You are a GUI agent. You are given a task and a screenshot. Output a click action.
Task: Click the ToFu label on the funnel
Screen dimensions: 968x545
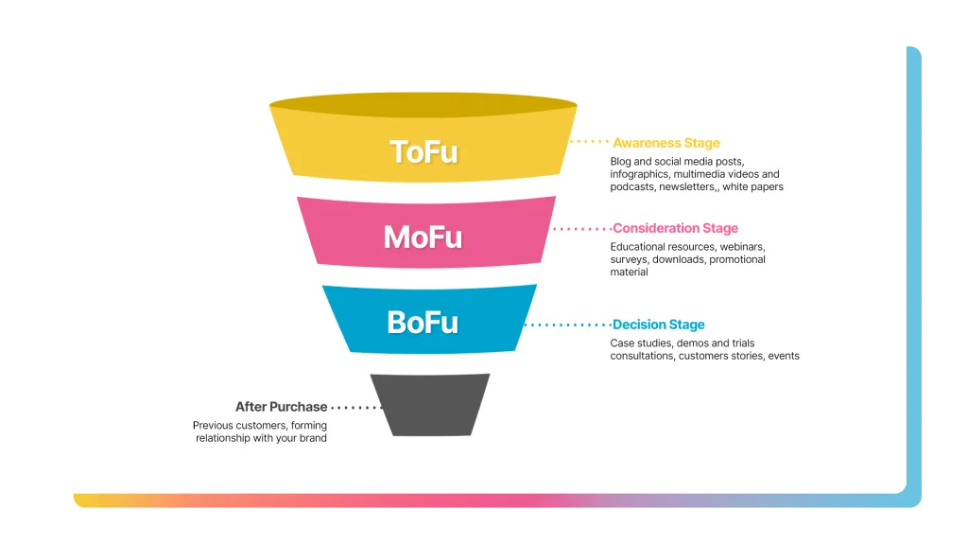[x=423, y=152]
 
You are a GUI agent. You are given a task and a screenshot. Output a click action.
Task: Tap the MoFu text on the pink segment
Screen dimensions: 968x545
[x=423, y=237]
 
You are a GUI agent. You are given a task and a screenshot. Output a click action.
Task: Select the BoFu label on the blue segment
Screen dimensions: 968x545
[x=423, y=323]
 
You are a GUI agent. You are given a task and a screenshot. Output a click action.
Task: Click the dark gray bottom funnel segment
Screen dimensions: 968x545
[x=430, y=405]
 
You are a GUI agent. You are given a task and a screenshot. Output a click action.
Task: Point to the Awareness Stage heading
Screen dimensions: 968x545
[x=666, y=143]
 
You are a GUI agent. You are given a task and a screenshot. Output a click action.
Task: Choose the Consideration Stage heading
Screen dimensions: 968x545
[x=675, y=228]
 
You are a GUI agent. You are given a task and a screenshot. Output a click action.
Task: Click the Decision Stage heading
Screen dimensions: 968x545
[x=658, y=325]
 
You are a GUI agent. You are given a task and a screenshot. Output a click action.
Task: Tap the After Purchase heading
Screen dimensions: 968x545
[x=281, y=407]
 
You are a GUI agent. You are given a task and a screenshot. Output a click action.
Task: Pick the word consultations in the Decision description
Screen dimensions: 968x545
[x=642, y=356]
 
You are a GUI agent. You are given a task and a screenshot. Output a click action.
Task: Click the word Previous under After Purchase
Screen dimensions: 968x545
[x=213, y=425]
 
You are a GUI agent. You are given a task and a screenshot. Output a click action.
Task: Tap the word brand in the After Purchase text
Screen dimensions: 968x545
[x=313, y=438]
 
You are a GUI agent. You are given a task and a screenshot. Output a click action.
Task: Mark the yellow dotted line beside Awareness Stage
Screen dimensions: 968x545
[x=589, y=142]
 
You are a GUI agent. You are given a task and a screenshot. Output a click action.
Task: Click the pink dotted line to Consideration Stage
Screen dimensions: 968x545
[x=582, y=229]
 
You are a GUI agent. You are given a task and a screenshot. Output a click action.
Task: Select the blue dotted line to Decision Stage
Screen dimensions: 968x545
[x=568, y=325]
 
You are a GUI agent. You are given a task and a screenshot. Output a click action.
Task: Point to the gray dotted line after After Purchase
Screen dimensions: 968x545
[x=356, y=407]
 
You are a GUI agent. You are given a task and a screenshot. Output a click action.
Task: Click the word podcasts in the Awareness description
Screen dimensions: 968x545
[x=632, y=186]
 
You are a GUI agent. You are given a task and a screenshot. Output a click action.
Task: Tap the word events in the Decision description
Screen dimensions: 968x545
[x=784, y=356]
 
